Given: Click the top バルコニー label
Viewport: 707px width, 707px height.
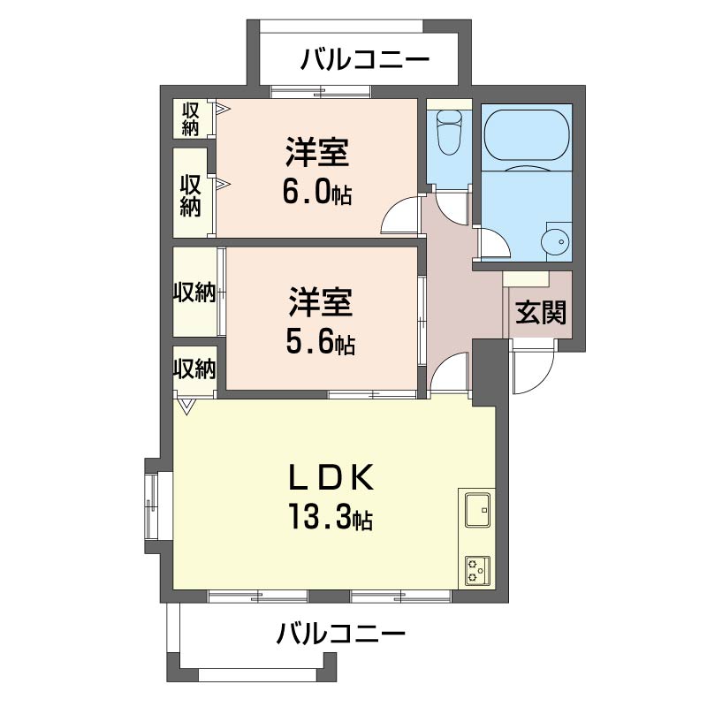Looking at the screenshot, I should click(364, 60).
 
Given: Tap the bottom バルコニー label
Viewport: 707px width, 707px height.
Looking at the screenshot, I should click(340, 634).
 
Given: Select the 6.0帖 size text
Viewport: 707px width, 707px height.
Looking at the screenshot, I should click(316, 191).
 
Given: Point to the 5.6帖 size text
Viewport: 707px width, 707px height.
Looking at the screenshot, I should click(319, 342).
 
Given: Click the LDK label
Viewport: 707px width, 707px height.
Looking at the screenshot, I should click(329, 477).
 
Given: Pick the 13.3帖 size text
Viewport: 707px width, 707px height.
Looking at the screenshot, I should click(328, 514).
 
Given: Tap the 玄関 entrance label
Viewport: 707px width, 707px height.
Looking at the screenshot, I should click(540, 313).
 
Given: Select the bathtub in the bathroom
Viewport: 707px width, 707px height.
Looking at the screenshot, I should click(527, 136).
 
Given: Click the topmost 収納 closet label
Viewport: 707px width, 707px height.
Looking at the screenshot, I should click(192, 118).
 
